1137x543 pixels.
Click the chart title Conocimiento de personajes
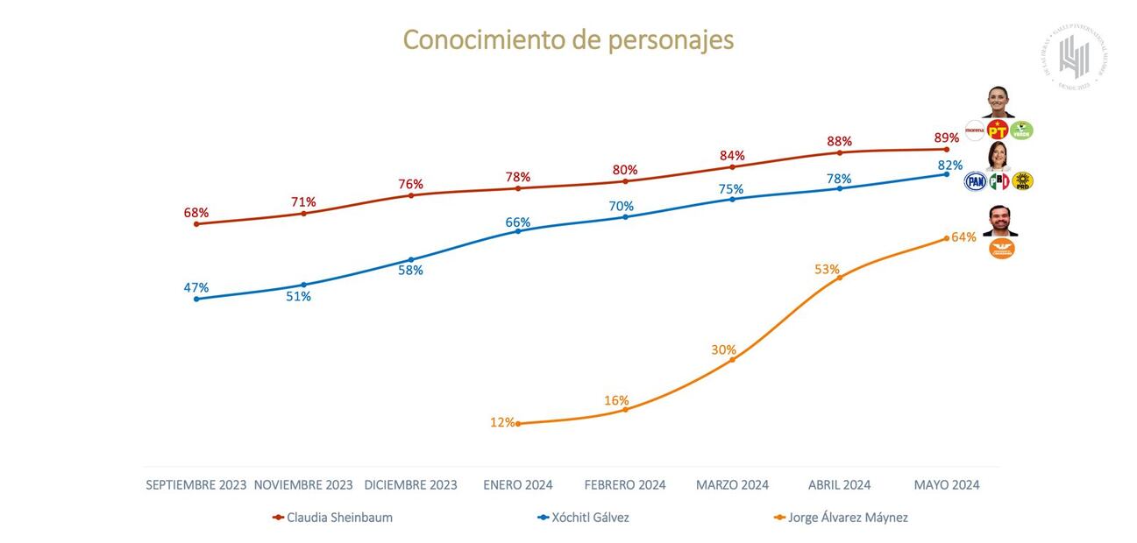click(x=568, y=39)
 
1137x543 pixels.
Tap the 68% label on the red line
click(x=196, y=213)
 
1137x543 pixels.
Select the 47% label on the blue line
click(x=196, y=287)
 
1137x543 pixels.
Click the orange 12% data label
click(x=502, y=422)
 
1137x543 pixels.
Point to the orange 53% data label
click(x=827, y=269)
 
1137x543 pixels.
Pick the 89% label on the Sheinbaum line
click(x=946, y=138)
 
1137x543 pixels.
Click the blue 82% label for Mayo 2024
click(x=950, y=165)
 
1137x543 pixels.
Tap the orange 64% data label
click(x=963, y=237)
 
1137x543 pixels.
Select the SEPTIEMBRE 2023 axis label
click(x=196, y=484)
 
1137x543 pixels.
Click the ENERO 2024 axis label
click(x=517, y=484)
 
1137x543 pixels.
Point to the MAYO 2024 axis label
click(x=947, y=484)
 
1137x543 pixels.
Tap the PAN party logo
click(x=975, y=181)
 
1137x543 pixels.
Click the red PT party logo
click(x=998, y=130)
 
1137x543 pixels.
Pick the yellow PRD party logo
click(x=1022, y=181)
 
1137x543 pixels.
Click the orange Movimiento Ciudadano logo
click(x=1001, y=249)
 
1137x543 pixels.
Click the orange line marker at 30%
click(x=733, y=360)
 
